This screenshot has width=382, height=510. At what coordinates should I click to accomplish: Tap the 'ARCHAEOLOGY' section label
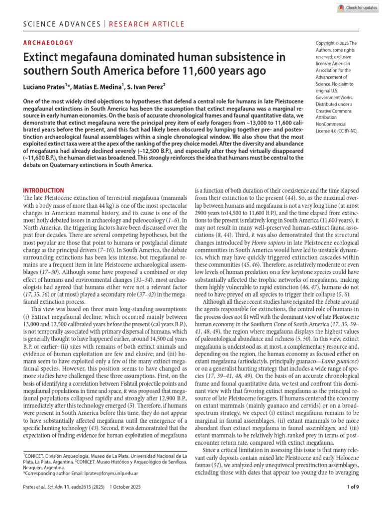click(x=48, y=43)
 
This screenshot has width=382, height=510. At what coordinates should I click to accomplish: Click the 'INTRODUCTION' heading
click(x=44, y=190)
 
